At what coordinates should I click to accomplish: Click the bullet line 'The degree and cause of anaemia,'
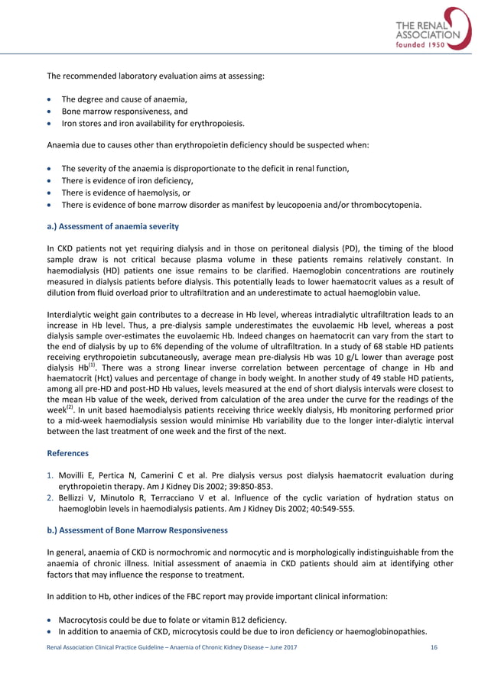pyautogui.click(x=124, y=99)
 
